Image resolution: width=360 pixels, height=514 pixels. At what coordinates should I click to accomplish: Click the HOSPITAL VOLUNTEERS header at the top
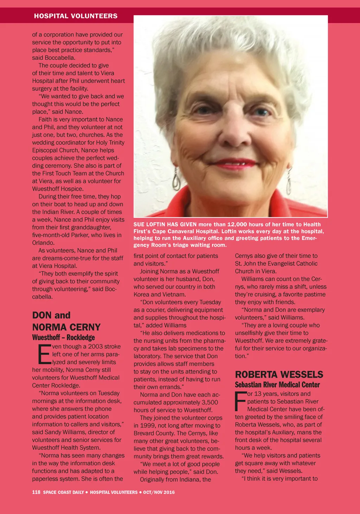(x=76, y=16)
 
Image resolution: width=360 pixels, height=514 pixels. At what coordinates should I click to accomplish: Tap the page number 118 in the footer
(x=36, y=492)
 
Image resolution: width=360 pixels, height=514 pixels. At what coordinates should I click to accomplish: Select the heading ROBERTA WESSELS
(x=279, y=374)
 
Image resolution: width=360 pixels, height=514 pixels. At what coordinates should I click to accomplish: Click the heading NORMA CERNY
(x=66, y=327)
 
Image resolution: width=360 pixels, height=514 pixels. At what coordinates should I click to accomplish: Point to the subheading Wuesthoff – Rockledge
(x=64, y=338)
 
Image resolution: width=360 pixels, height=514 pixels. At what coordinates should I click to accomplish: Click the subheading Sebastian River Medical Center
(x=277, y=384)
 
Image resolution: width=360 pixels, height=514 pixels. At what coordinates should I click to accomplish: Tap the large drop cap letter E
(x=44, y=354)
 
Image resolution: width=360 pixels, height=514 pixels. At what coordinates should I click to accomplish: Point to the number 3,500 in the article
(x=210, y=402)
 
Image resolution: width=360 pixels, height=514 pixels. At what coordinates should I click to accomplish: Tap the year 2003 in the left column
(x=96, y=346)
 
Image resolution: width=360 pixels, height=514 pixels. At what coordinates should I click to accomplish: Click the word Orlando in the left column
(x=43, y=243)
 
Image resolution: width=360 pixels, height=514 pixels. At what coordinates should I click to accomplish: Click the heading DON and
(x=51, y=315)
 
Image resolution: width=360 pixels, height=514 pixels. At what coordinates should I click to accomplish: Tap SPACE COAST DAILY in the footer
(x=63, y=492)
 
